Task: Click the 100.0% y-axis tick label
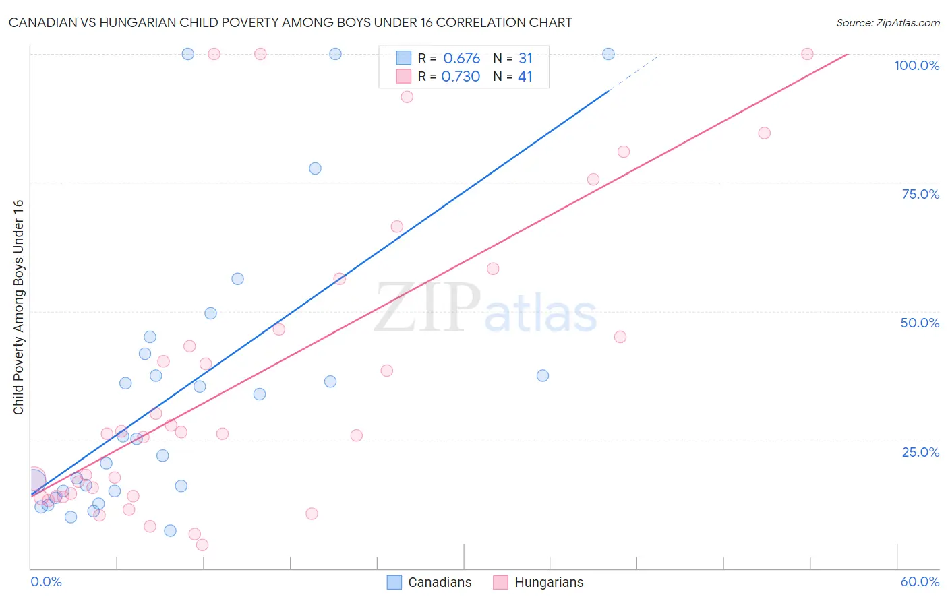tap(916, 65)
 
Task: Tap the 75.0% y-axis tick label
tap(920, 194)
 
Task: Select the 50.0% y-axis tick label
tap(920, 323)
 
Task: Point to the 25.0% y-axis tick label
tap(920, 452)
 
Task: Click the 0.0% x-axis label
tap(46, 581)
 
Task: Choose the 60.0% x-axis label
tap(920, 581)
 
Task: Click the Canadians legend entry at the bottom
tap(429, 582)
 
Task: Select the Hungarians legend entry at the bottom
tap(538, 582)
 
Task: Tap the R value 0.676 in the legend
tap(461, 58)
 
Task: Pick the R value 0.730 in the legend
tap(461, 76)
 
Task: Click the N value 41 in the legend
tap(525, 76)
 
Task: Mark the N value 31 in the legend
tap(525, 58)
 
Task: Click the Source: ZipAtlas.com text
tap(887, 22)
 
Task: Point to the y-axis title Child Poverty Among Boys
tap(18, 307)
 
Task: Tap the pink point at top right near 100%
tap(807, 54)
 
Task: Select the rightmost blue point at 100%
tap(608, 54)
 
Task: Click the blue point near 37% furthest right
tap(543, 375)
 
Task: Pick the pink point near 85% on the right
tap(764, 133)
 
